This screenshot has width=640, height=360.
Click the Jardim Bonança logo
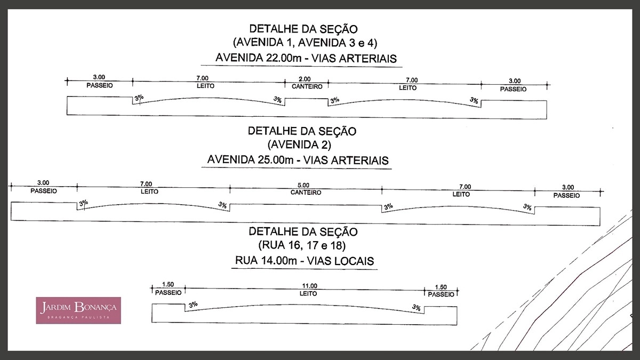(78, 310)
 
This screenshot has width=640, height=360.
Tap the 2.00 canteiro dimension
(305, 79)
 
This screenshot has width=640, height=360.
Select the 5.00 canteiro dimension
(303, 185)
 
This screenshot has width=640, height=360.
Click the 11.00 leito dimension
(310, 286)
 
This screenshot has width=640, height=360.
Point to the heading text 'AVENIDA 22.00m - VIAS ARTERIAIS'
(306, 58)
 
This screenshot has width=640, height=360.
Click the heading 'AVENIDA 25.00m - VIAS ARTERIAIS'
(298, 160)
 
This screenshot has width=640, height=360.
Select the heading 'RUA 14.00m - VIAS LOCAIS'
(305, 261)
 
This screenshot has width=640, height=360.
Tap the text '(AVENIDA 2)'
(299, 145)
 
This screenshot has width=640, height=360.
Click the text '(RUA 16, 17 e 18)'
(302, 246)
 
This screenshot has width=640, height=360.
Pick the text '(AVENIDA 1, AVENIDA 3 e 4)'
(305, 43)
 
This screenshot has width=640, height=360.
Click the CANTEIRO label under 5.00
(306, 193)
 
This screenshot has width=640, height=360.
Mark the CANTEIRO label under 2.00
(307, 86)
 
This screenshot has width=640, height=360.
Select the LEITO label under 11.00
(308, 293)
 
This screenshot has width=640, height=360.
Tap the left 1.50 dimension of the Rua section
(167, 284)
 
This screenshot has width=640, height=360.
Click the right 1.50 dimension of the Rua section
(441, 287)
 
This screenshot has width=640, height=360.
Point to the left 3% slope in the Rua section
(193, 305)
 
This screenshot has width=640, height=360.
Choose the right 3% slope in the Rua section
(417, 308)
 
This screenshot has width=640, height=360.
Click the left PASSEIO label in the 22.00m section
(100, 85)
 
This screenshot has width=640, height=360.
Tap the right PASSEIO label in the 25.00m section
(566, 195)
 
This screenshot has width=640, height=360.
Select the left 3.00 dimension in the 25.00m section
(43, 182)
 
